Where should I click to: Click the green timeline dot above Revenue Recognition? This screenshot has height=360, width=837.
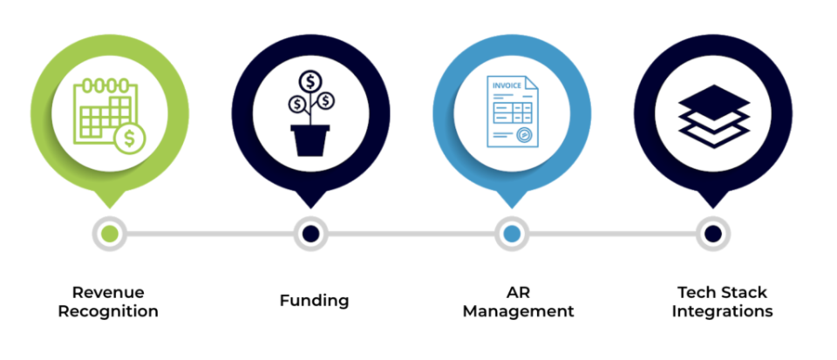click(109, 233)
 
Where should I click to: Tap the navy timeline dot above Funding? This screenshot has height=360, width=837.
click(310, 233)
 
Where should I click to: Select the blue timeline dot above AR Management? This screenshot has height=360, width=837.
click(512, 233)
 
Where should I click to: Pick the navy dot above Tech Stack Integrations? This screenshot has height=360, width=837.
click(712, 233)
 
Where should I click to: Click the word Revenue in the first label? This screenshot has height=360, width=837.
click(108, 292)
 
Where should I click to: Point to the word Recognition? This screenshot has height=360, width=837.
click(108, 310)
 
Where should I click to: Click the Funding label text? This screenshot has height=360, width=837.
click(314, 301)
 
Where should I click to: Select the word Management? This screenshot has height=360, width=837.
click(518, 310)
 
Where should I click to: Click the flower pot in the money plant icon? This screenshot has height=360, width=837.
click(310, 139)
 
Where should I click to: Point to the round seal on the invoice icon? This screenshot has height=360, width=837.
click(524, 135)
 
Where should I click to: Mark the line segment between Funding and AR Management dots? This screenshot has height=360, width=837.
click(411, 233)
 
